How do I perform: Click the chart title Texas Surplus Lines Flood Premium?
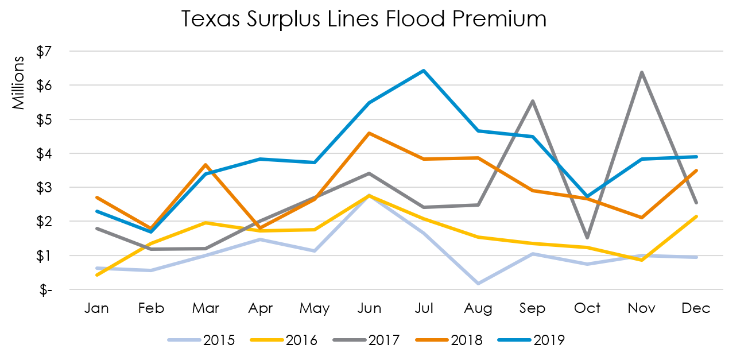(364, 20)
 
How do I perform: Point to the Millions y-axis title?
(19, 83)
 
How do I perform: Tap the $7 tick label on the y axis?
(44, 52)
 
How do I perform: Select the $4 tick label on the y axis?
(44, 153)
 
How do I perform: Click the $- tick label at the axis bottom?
(45, 290)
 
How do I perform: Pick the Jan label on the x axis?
(96, 308)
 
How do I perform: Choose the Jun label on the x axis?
(369, 308)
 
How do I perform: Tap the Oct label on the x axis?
(587, 308)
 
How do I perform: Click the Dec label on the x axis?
(696, 308)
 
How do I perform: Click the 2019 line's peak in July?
(424, 71)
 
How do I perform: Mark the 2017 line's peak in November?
(642, 72)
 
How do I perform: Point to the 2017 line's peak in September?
(533, 101)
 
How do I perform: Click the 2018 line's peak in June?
(369, 133)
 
